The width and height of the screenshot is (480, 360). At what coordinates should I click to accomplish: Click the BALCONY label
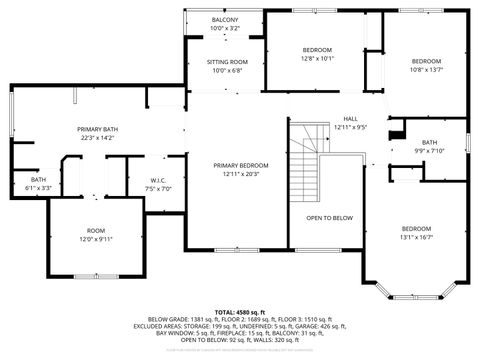pyautogui.click(x=224, y=20)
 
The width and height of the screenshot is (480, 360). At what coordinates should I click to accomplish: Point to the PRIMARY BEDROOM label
pyautogui.click(x=240, y=165)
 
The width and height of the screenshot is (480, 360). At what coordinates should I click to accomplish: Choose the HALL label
pyautogui.click(x=351, y=118)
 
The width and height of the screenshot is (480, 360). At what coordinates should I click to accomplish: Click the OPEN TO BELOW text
pyautogui.click(x=329, y=217)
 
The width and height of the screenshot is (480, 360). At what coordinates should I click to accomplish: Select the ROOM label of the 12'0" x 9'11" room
pyautogui.click(x=95, y=230)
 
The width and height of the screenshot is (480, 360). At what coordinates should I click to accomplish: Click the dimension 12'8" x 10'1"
pyautogui.click(x=318, y=58)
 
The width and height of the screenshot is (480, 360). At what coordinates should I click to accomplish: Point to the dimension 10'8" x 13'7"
pyautogui.click(x=426, y=69)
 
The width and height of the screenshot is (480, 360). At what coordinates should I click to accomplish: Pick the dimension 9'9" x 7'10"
pyautogui.click(x=429, y=151)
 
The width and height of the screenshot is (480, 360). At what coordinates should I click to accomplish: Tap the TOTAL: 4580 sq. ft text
pyautogui.click(x=239, y=312)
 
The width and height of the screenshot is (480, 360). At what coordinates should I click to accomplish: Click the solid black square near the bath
pyautogui.click(x=396, y=129)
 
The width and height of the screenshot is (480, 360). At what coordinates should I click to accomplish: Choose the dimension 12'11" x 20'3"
pyautogui.click(x=240, y=174)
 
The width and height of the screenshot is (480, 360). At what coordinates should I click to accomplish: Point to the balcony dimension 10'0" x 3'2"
pyautogui.click(x=224, y=28)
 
